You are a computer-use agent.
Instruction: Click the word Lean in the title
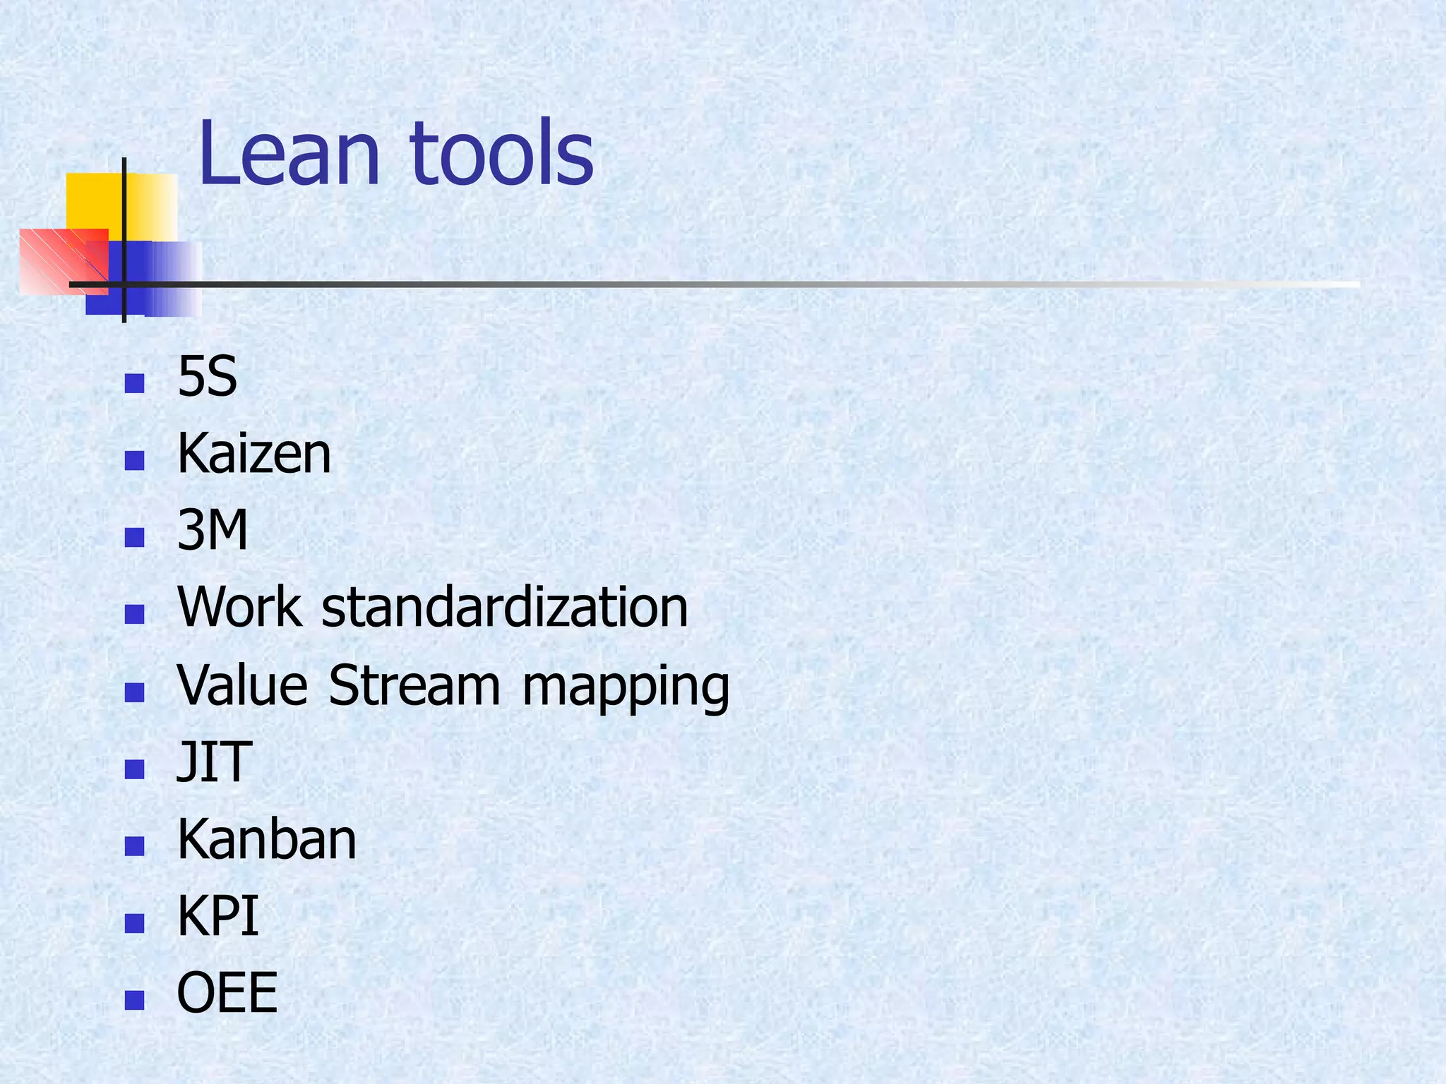pos(289,154)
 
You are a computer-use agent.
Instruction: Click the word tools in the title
pos(501,154)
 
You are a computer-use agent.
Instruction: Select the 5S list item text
pos(207,377)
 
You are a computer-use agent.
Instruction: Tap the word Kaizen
pos(254,454)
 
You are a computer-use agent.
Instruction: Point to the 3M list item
pos(213,531)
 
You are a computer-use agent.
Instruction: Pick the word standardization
pos(504,607)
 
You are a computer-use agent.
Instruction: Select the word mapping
pos(626,688)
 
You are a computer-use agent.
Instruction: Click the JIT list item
pos(214,762)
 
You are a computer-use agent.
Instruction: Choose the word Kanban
pos(267,839)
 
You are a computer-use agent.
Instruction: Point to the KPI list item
pos(217,916)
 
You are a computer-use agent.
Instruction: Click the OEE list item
pos(227,993)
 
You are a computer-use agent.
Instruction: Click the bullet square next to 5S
pos(134,384)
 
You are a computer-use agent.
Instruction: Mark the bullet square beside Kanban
pos(134,846)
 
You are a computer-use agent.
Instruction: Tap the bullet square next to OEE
pos(134,1000)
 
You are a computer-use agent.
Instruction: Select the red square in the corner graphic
pos(53,258)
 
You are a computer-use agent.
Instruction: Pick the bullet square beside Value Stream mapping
pos(134,692)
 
